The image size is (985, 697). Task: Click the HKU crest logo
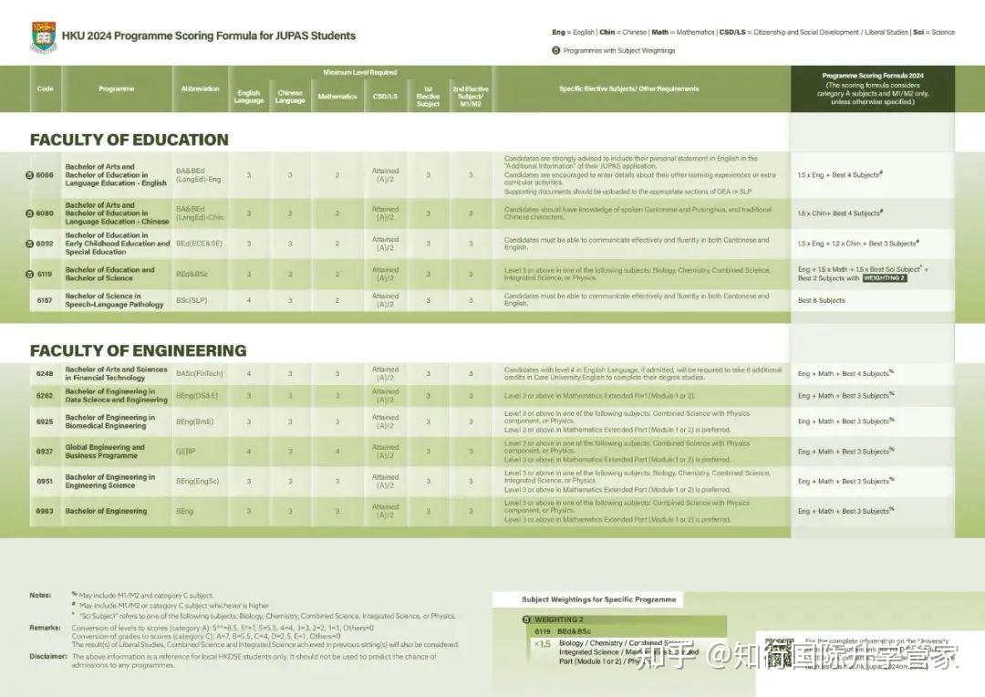(43, 37)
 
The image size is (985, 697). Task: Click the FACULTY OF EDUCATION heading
(129, 140)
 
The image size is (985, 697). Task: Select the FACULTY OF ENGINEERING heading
(138, 350)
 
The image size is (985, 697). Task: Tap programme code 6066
(45, 174)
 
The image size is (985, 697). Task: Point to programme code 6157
(45, 300)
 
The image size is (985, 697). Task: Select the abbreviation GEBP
(185, 452)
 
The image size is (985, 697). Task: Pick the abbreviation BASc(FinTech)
(198, 373)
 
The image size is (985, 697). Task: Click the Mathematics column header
(337, 96)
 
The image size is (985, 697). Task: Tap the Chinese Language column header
(290, 96)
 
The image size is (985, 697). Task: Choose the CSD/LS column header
(385, 96)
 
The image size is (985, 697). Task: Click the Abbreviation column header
(200, 89)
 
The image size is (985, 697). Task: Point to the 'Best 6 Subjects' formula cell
(821, 300)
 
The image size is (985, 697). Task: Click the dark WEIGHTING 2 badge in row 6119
(884, 278)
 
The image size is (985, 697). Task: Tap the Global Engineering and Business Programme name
(105, 452)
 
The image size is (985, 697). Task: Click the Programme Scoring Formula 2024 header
(873, 76)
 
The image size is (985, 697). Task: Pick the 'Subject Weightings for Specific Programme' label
(598, 599)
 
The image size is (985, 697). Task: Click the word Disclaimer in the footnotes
(47, 656)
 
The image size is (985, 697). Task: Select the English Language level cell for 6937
(249, 452)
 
